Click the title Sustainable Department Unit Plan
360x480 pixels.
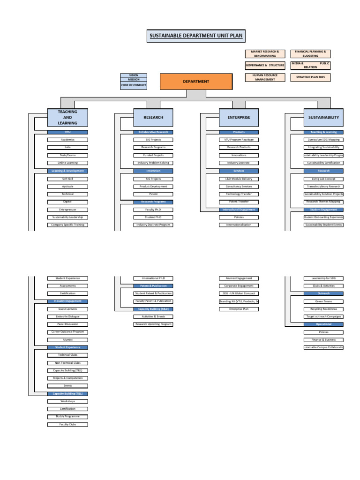195,36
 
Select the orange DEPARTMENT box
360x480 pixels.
196,82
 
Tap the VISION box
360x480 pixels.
134,75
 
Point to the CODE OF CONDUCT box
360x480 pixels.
134,85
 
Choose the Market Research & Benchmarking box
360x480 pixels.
265,53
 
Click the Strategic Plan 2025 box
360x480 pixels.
310,77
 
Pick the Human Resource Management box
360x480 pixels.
265,77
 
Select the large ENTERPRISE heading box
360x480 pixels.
239,117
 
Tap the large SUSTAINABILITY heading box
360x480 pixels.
323,117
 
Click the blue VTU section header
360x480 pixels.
67,132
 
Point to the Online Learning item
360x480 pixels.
67,163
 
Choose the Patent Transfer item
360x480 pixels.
239,202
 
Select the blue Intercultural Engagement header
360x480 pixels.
239,210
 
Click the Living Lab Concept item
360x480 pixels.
323,179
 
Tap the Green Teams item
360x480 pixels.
323,301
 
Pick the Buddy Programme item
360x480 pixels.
67,416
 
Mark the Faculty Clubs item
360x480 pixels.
67,424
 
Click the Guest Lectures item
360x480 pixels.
67,309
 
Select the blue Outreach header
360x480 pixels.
323,293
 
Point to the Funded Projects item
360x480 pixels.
153,155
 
